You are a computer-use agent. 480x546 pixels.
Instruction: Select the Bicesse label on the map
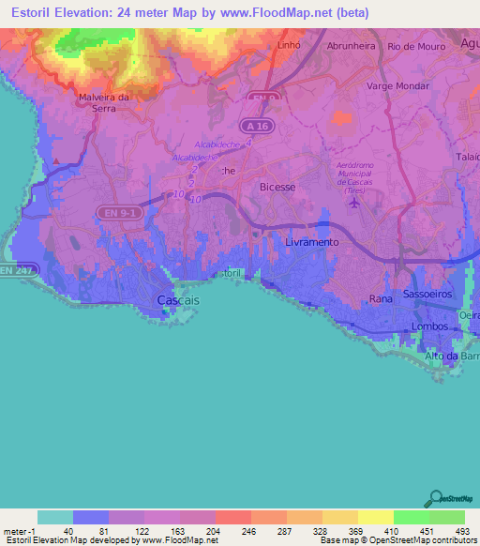click(277, 187)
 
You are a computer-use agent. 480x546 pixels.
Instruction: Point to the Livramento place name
click(308, 242)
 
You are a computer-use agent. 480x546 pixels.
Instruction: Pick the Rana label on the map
click(381, 298)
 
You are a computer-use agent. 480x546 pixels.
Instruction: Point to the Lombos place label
click(431, 326)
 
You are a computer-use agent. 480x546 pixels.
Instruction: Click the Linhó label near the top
click(289, 45)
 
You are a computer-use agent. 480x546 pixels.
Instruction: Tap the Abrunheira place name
click(352, 45)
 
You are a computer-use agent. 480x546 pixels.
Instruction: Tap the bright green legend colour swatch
click(412, 517)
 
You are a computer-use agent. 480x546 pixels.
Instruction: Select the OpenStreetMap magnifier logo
click(434, 499)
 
